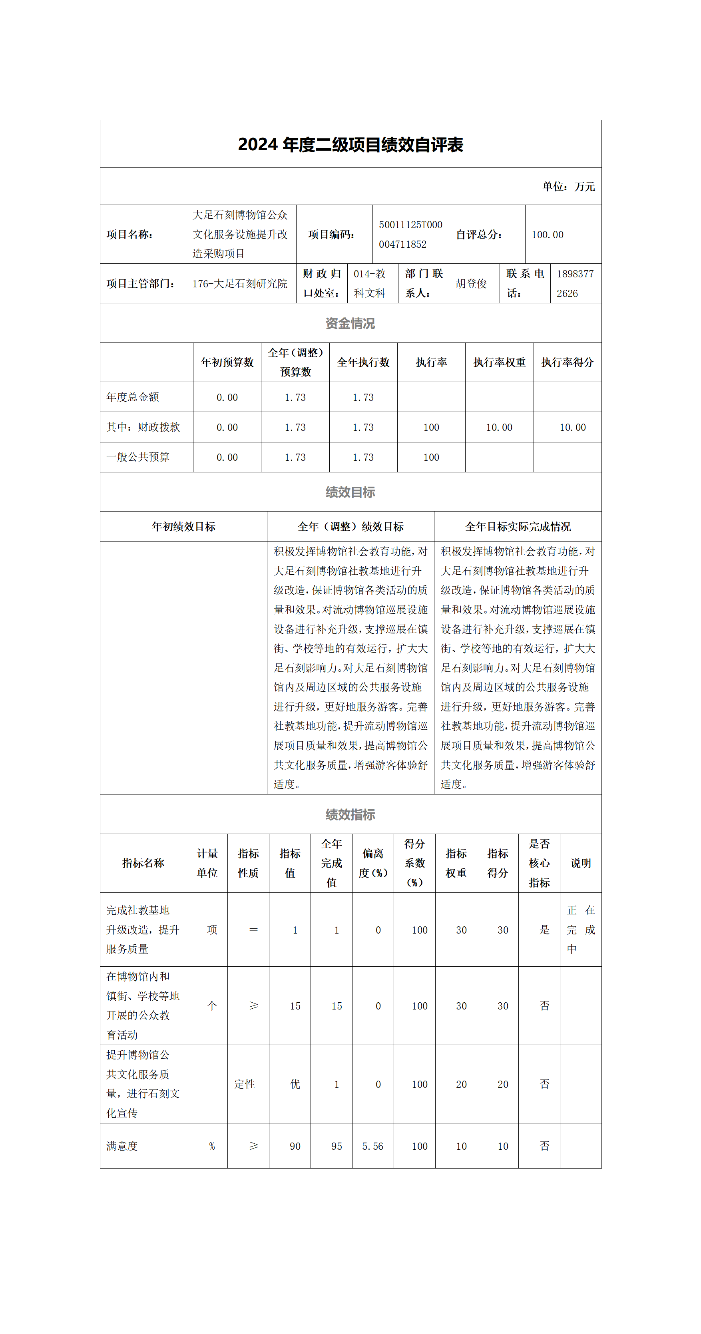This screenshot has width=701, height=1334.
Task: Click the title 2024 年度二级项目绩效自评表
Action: tap(350, 145)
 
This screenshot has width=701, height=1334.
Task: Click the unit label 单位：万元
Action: tap(568, 186)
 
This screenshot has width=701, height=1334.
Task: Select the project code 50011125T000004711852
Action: tap(410, 234)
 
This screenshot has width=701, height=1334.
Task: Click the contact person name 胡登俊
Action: tap(471, 284)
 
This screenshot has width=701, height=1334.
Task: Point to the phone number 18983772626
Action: tap(575, 283)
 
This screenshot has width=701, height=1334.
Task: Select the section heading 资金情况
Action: tap(350, 323)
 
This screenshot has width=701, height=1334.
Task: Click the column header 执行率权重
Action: tap(499, 362)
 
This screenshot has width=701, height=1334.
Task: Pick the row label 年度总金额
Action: tap(133, 397)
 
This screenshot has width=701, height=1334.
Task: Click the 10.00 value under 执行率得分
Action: tap(573, 427)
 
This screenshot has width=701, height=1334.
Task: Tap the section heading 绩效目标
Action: tap(350, 492)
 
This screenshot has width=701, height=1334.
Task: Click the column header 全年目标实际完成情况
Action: tap(518, 527)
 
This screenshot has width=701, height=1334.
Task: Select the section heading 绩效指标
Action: tap(350, 814)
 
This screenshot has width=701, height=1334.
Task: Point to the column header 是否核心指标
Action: tap(539, 863)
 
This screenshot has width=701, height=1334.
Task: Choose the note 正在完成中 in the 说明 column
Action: tap(580, 930)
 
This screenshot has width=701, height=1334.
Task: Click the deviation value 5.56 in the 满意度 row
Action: tap(373, 1147)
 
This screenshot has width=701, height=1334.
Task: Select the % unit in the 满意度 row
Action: tap(212, 1147)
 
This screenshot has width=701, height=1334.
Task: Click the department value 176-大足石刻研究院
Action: tap(240, 284)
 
